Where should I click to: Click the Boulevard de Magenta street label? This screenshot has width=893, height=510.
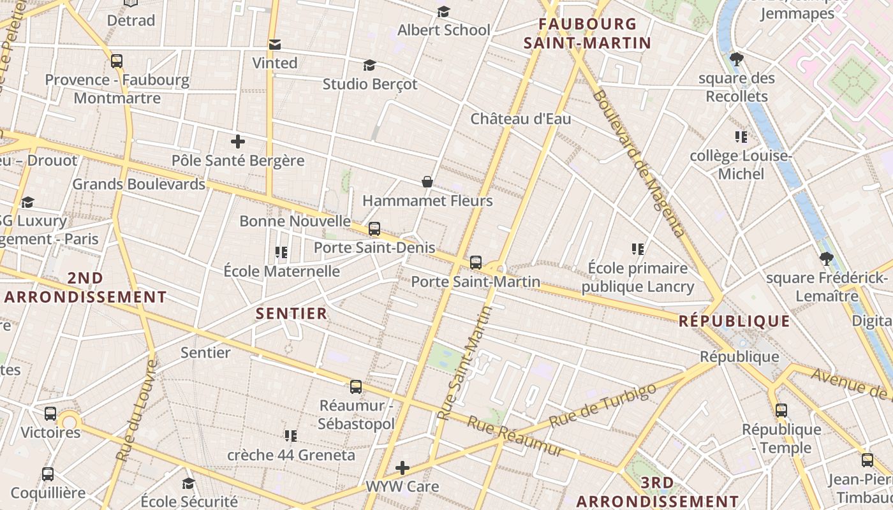pos(638,163)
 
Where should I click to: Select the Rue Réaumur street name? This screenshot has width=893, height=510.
pos(515,437)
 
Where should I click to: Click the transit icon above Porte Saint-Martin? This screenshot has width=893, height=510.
pos(475,262)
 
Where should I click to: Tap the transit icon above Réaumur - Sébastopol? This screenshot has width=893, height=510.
pos(356,386)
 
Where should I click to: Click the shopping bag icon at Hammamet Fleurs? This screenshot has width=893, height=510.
pos(427,182)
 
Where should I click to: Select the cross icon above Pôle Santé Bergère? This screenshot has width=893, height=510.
pos(238,142)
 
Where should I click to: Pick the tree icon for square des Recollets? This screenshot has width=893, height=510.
pos(737,59)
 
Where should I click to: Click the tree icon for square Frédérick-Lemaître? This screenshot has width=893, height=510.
pos(826,259)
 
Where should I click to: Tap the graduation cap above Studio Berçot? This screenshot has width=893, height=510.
pos(369,65)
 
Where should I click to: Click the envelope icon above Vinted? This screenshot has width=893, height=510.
pos(275,44)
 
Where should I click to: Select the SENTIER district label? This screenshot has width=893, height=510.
pos(292,314)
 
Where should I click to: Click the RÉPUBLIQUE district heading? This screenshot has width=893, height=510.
pos(734,321)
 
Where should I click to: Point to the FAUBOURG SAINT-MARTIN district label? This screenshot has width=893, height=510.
pos(587,34)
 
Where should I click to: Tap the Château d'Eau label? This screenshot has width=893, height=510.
pos(520,119)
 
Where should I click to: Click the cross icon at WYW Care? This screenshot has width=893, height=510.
pos(402,468)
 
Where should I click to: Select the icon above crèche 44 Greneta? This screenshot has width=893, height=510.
pos(291,436)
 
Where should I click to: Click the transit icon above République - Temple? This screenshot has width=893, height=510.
pos(781,410)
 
